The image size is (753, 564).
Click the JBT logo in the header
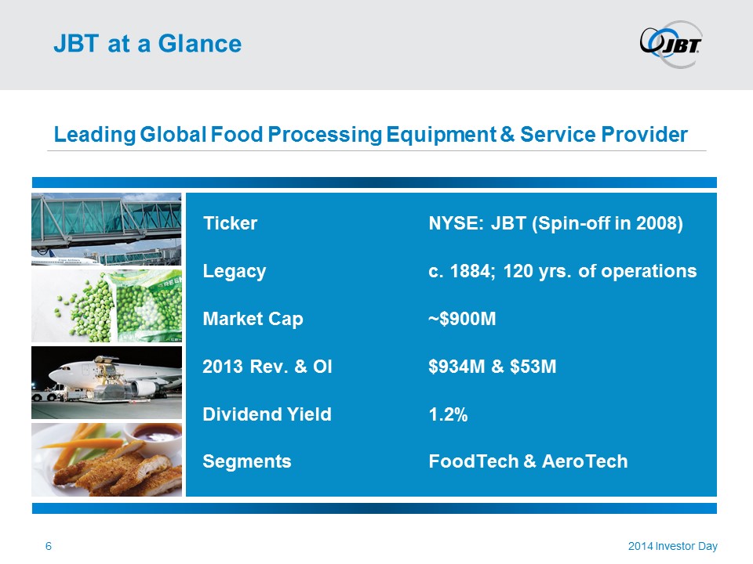tap(671, 44)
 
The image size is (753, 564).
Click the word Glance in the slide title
tap(200, 44)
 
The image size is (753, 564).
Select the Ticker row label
tap(230, 223)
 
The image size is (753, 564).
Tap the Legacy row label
tap(235, 272)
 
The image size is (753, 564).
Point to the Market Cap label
tap(253, 320)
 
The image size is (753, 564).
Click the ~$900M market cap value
tap(462, 319)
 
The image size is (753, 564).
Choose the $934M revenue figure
tap(457, 367)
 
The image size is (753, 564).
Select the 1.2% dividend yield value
tap(448, 414)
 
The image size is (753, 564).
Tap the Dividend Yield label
tap(267, 414)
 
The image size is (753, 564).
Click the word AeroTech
tap(584, 461)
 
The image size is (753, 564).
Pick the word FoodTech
tap(474, 461)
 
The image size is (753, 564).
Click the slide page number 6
tap(49, 546)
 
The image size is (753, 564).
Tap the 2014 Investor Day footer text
tap(673, 546)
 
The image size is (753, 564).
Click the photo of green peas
tap(107, 305)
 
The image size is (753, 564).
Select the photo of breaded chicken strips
tap(107, 460)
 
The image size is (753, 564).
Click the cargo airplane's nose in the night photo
tap(53, 374)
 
